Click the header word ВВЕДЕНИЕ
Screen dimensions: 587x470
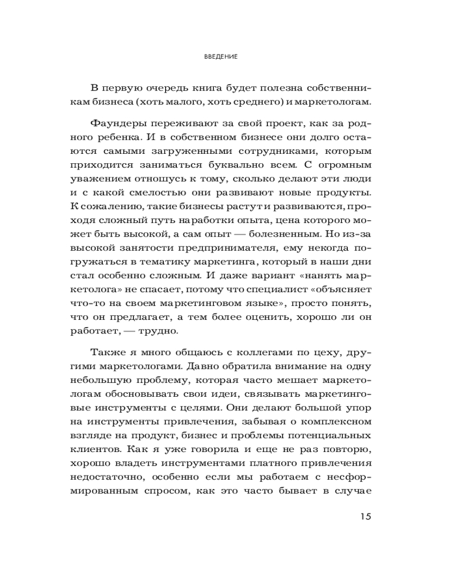(x=220, y=57)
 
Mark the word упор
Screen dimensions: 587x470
(x=358, y=407)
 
